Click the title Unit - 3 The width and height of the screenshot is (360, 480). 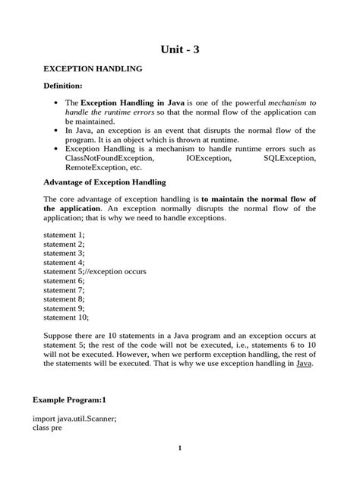pyautogui.click(x=180, y=50)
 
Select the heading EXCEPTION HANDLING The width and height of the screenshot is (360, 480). pyautogui.click(x=93, y=69)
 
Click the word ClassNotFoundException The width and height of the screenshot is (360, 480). pyautogui.click(x=109, y=159)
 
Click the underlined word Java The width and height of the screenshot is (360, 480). pyautogui.click(x=303, y=364)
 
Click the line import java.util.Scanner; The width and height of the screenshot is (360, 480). pyautogui.click(x=74, y=418)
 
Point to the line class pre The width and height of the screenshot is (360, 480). pyautogui.click(x=47, y=427)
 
